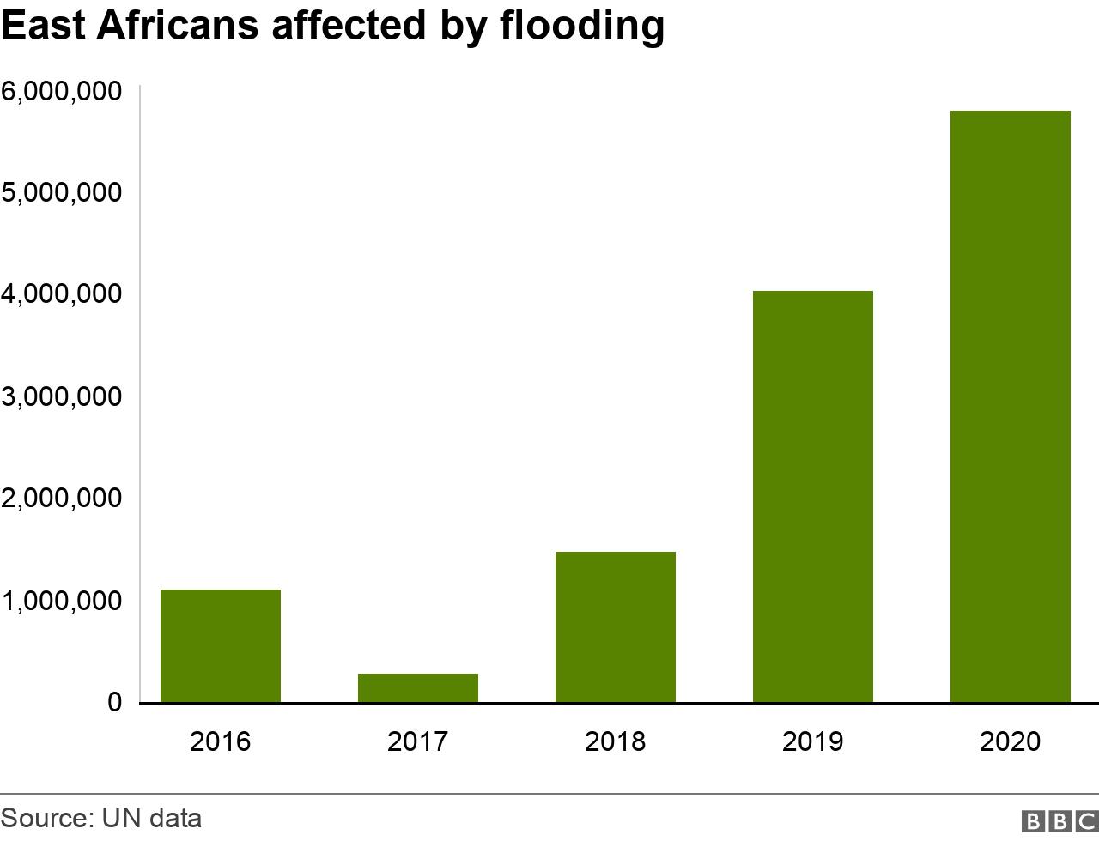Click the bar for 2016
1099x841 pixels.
pyautogui.click(x=221, y=645)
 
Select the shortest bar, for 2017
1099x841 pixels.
pyautogui.click(x=418, y=687)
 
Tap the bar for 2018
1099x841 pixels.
pyautogui.click(x=616, y=626)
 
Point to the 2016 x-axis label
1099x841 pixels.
pyautogui.click(x=221, y=741)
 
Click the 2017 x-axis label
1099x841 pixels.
pyautogui.click(x=418, y=741)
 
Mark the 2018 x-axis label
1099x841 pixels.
pyautogui.click(x=616, y=741)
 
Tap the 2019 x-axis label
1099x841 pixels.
pyautogui.click(x=813, y=741)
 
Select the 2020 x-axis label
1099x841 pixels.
pyautogui.click(x=1011, y=741)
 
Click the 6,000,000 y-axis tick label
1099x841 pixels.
pyautogui.click(x=61, y=90)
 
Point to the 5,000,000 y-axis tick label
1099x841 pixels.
pyautogui.click(x=61, y=192)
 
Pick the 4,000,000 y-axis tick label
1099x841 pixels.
pyautogui.click(x=61, y=294)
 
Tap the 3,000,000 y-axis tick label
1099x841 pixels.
pyautogui.click(x=61, y=396)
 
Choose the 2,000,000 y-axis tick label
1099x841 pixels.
pyautogui.click(x=61, y=499)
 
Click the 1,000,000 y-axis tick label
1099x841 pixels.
pyautogui.click(x=61, y=601)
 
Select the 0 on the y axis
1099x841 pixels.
pyautogui.click(x=115, y=703)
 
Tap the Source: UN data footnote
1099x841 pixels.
pyautogui.click(x=101, y=818)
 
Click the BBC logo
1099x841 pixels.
pyautogui.click(x=1060, y=820)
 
